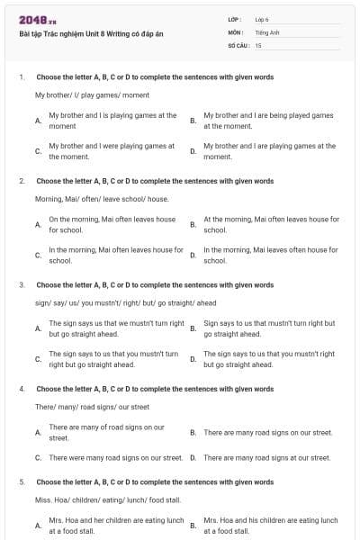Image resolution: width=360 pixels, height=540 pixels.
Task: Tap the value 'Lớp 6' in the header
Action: click(263, 19)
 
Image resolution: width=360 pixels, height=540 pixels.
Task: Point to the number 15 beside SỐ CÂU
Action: click(258, 44)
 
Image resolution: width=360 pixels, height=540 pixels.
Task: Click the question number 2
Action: click(22, 181)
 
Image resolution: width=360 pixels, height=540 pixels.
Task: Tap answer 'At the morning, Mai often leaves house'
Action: click(271, 224)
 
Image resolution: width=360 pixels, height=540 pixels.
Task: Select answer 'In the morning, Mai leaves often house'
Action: click(271, 255)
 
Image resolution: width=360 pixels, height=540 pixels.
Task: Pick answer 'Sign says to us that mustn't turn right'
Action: click(269, 328)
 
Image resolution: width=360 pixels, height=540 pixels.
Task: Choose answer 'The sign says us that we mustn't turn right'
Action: click(116, 328)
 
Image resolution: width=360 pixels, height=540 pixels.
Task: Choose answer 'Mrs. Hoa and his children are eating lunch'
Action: click(271, 526)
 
